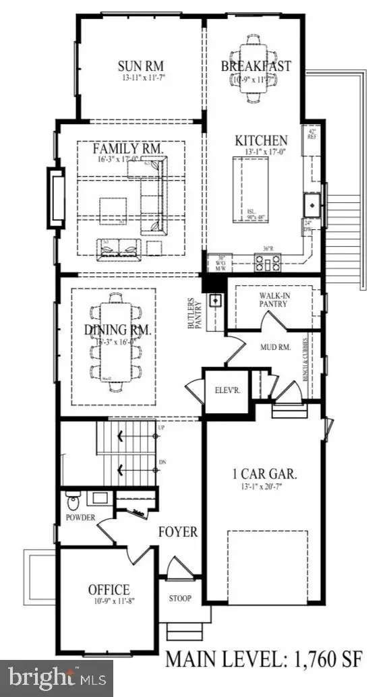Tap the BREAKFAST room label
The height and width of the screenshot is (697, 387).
[x=256, y=65]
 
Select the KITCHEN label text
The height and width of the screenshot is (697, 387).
[x=261, y=140]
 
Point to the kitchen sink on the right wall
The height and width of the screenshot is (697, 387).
[x=313, y=203]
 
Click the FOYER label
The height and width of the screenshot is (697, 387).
[x=178, y=532]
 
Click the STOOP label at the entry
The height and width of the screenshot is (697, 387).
[x=180, y=598]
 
